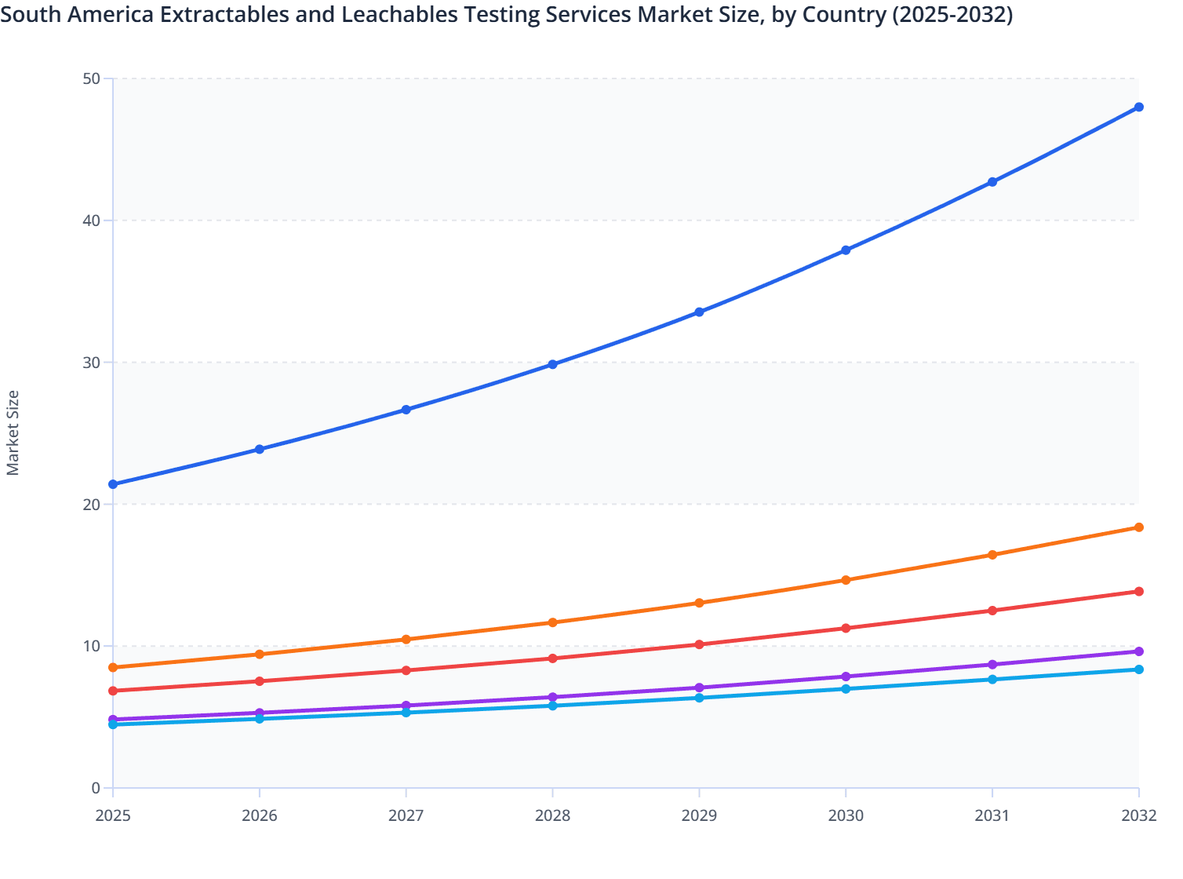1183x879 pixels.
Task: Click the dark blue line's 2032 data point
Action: coord(1138,107)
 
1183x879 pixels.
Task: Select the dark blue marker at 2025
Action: coord(113,484)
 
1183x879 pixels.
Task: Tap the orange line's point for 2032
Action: coord(1138,527)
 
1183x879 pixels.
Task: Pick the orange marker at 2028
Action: coord(552,622)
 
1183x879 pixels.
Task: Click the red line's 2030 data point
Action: coord(846,628)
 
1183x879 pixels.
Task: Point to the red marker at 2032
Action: coord(1138,591)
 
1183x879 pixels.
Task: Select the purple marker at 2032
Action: coord(1138,651)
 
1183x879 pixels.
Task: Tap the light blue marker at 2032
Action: coord(1138,669)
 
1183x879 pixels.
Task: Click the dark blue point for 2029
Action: coord(699,312)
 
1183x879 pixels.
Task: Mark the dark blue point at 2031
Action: coord(992,182)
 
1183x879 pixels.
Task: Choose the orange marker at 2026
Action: coord(260,654)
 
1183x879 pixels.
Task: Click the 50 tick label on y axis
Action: coord(91,78)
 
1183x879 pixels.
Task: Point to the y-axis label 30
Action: coord(91,363)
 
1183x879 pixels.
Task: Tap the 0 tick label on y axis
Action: coord(96,788)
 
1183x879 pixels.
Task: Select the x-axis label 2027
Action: coord(406,815)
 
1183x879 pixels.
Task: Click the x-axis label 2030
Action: coord(846,815)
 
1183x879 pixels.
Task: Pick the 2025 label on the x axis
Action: coord(113,815)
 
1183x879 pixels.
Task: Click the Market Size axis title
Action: coord(13,432)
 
